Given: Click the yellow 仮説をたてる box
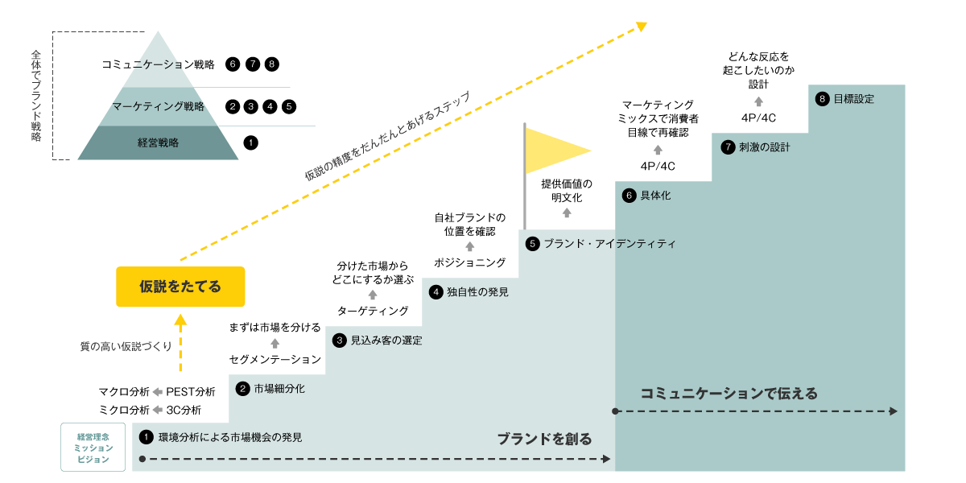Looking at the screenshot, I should pos(180,287).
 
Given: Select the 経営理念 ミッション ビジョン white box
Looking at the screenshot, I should pos(94,448).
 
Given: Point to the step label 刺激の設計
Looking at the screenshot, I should pos(765,147).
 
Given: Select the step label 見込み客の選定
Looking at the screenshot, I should pos(386,341).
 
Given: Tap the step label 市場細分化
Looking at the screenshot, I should pos(279,389).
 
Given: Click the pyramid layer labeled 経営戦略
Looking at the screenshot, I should pos(158,143).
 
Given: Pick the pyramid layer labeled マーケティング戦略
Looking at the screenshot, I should pos(158,106).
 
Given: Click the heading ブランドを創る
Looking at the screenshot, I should pos(543,439).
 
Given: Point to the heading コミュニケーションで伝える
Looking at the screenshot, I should pos(729,394).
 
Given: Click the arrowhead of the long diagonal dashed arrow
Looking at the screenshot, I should pos(642,26).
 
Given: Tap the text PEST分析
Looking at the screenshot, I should pos(191,392).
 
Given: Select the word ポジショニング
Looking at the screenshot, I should pos(470,262).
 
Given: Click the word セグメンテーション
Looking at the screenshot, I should pos(275,359).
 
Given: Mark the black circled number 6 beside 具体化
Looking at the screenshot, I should pos(630,196).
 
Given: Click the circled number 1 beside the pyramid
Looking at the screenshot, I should pos(250,143).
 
